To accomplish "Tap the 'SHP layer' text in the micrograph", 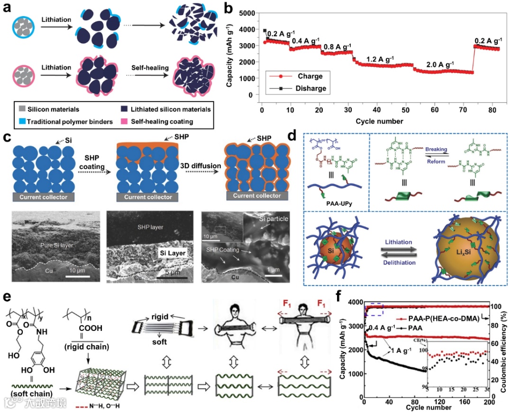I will (151, 227).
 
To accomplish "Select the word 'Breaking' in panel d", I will (436, 149).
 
